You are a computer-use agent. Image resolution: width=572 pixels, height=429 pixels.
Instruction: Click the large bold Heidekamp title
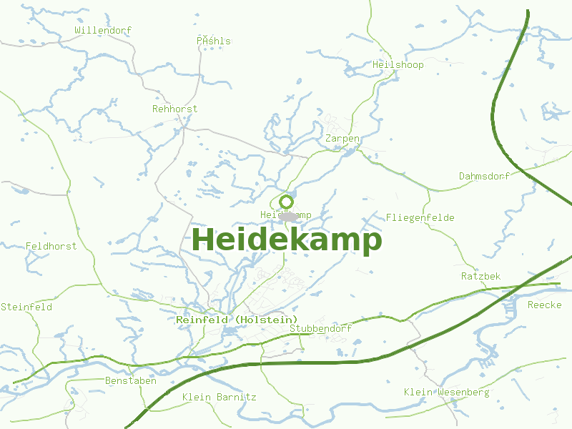pos(287,240)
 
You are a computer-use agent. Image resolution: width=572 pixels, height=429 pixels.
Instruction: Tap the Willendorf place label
pos(104,31)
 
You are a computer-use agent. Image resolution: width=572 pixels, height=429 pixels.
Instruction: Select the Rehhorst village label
pos(174,109)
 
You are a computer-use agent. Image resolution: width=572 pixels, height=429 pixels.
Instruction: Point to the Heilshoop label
pos(398,65)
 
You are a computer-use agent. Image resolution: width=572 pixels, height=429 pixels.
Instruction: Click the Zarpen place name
pos(342,138)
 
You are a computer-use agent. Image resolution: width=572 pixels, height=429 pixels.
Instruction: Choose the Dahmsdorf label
pos(484,176)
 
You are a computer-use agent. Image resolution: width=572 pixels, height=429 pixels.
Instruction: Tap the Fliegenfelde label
pos(420,217)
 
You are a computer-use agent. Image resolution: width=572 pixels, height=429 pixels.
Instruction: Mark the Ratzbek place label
pos(480,276)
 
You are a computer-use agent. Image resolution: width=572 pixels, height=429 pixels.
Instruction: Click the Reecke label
pos(544,305)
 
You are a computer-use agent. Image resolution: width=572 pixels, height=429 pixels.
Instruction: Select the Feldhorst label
pos(51,246)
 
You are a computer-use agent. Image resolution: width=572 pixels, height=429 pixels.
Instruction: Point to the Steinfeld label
pos(26,307)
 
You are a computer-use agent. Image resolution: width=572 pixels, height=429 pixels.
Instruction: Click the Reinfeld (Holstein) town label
pos(237,320)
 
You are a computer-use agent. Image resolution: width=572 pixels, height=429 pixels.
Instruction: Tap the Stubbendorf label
pos(320,329)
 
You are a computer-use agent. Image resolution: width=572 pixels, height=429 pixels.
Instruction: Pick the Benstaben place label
pos(130,380)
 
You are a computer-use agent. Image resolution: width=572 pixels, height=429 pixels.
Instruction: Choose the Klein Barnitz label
pos(219,397)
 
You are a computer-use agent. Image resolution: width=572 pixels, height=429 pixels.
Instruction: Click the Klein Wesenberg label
pos(446,392)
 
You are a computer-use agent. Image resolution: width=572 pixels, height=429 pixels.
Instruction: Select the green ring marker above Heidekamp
pos(287,202)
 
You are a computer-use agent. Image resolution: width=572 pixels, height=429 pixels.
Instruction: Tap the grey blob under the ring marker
pos(288,216)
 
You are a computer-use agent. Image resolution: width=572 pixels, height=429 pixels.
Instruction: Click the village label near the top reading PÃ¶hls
pos(214,41)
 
